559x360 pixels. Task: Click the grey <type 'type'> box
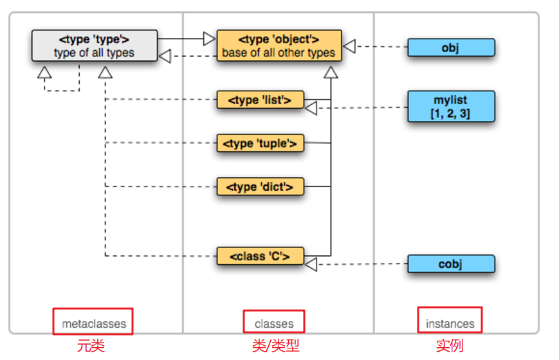(x=94, y=46)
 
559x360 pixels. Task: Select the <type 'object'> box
(x=279, y=46)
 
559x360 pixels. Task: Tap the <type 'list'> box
(x=260, y=100)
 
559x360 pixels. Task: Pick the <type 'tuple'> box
(x=260, y=143)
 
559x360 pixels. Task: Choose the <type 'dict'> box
(x=260, y=187)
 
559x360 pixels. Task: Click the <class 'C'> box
(x=260, y=256)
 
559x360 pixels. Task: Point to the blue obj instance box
(x=450, y=48)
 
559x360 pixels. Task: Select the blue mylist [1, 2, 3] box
(x=450, y=107)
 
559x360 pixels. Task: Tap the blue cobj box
(x=450, y=264)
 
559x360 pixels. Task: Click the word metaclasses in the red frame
(x=94, y=323)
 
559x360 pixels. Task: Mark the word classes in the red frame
(x=274, y=323)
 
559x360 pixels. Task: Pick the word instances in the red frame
(x=450, y=323)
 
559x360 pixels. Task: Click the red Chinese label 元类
(x=91, y=346)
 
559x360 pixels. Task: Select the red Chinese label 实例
(x=450, y=346)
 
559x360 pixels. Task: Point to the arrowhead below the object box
(x=331, y=71)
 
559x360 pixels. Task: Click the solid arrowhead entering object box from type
(x=209, y=39)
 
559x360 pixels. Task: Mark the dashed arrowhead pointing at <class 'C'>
(x=311, y=264)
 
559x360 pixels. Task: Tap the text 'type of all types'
(x=94, y=53)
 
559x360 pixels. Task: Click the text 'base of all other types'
(x=279, y=53)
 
